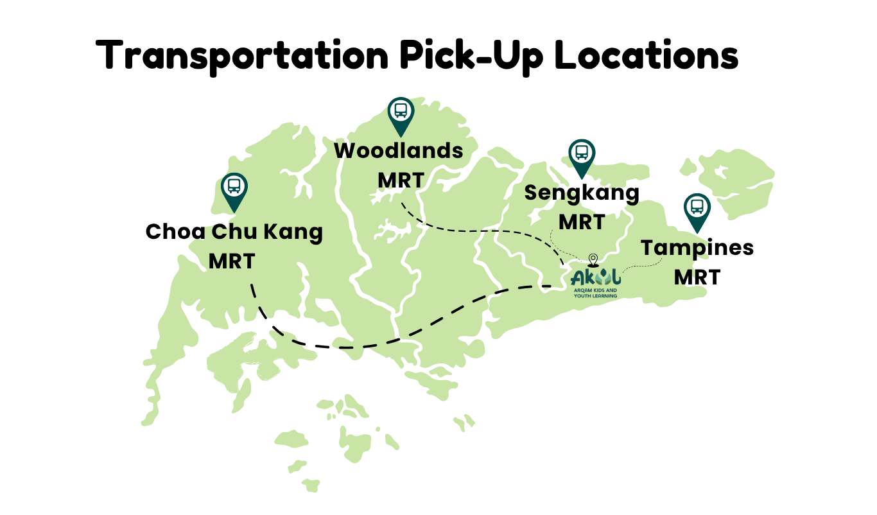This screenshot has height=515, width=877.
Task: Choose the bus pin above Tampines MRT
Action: (697, 209)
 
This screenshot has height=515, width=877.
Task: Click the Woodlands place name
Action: (399, 151)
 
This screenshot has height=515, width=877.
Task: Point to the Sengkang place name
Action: (582, 192)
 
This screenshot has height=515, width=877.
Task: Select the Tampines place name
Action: (697, 247)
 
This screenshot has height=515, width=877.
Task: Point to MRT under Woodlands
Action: (401, 180)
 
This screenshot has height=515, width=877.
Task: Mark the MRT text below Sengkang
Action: (582, 222)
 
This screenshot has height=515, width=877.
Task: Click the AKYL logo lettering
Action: (595, 277)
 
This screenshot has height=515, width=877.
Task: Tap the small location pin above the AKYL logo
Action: (593, 259)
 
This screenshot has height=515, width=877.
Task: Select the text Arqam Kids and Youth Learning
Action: (595, 293)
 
